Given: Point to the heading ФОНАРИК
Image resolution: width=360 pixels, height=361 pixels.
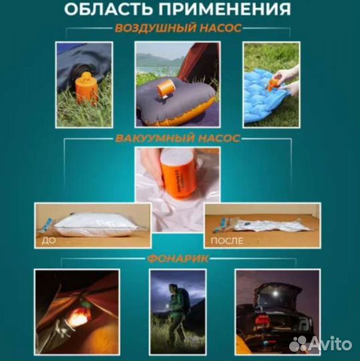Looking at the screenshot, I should (x=178, y=257).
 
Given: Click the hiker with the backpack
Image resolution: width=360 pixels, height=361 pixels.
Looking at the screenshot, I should (x=176, y=310).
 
